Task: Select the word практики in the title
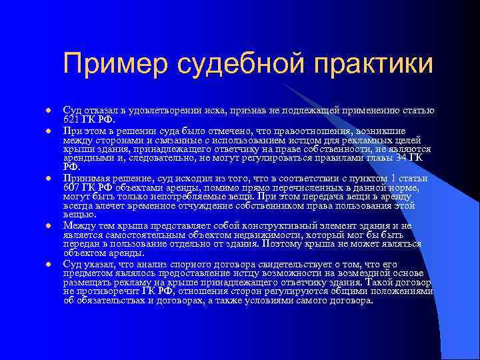click(x=373, y=64)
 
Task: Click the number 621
click(x=71, y=119)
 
